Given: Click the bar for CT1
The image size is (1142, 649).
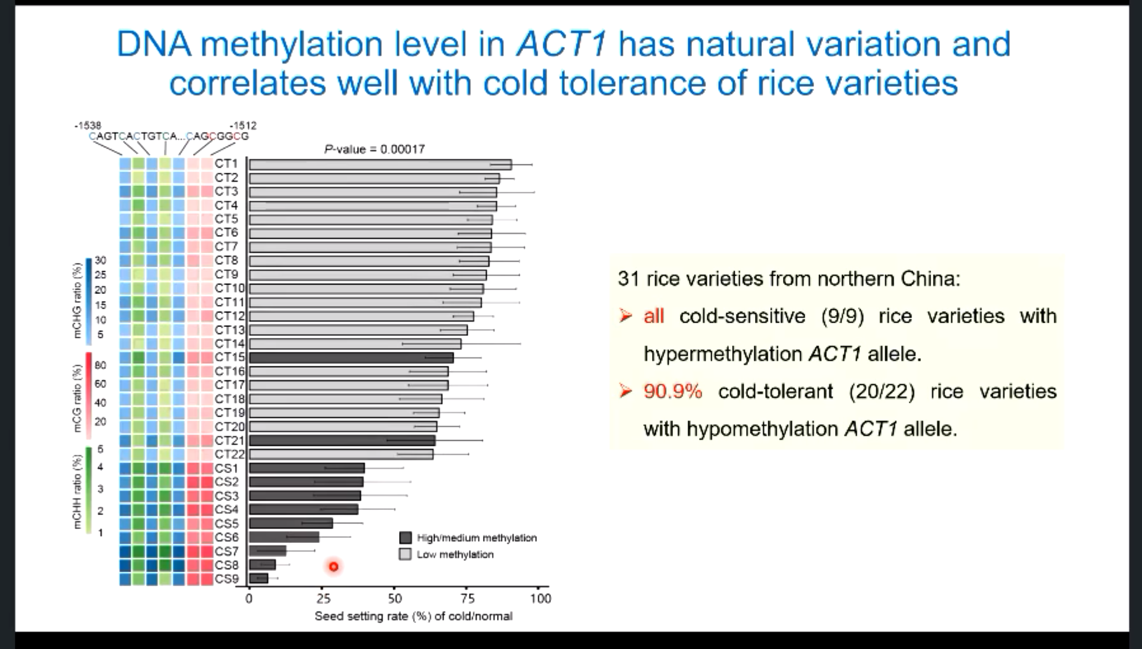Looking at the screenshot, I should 380,164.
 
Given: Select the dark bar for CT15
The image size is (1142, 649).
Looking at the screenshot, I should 351,358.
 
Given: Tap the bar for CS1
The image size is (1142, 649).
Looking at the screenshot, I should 306,469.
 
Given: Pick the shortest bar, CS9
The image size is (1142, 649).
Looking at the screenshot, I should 259,579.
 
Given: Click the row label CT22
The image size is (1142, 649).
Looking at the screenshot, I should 229,455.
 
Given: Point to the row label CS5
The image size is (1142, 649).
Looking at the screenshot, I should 226,524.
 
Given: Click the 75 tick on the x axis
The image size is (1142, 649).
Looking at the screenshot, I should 467,598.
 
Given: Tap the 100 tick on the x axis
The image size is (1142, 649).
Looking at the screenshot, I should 540,598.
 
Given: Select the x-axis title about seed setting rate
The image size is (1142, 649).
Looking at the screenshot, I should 413,617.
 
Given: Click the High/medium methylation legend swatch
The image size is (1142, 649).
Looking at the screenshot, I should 405,538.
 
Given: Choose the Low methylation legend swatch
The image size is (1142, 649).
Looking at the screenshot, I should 405,554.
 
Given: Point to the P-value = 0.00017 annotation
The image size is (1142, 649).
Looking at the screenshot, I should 374,149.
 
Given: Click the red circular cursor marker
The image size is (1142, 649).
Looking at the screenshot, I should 334,566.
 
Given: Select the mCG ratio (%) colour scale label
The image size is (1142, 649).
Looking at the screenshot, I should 77,399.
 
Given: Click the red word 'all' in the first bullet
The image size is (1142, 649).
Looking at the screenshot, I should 653,316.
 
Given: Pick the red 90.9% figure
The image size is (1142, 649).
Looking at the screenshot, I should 672,391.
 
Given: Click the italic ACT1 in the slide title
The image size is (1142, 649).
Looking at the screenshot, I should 562,44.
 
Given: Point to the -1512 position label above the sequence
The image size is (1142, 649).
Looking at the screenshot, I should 243,126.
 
